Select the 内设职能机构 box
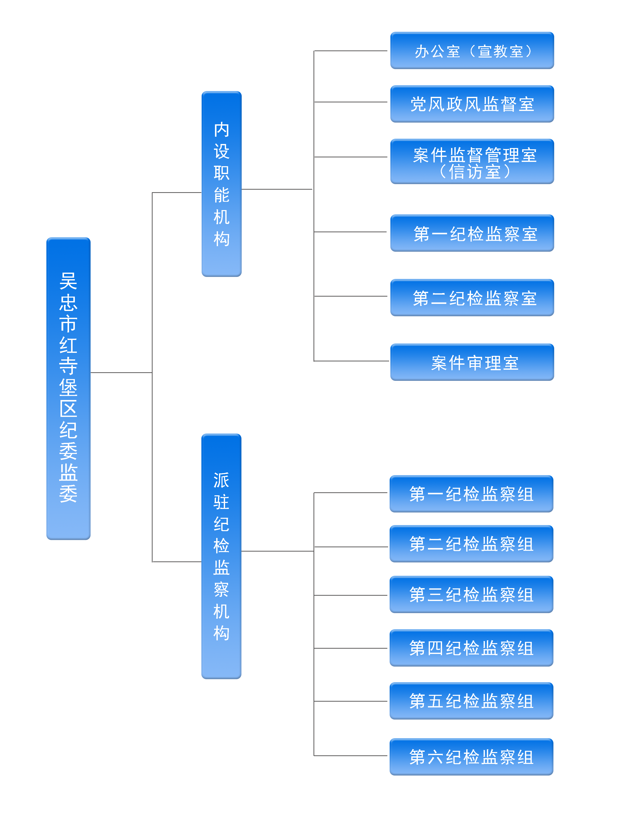(x=221, y=184)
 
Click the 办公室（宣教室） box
(x=472, y=51)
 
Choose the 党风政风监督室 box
(x=472, y=104)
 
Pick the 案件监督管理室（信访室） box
(x=472, y=161)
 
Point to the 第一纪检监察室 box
(x=472, y=233)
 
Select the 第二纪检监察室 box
(x=472, y=298)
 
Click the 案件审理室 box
(x=472, y=362)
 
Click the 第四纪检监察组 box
(x=471, y=648)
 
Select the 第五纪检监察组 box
(x=471, y=701)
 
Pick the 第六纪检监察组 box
(x=471, y=756)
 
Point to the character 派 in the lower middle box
(x=221, y=480)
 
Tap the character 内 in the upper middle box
(x=221, y=129)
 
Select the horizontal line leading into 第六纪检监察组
(x=351, y=756)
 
